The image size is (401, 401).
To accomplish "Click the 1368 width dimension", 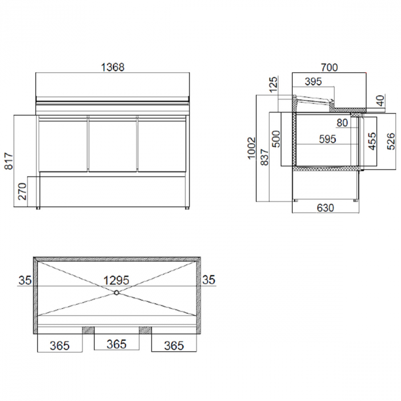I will pos(112,67).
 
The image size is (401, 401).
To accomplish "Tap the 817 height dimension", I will pos(7,162).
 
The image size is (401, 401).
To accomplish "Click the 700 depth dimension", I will pos(329,67).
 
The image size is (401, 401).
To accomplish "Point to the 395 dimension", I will pos(313,82).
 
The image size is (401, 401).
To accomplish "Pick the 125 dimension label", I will pos(273,84).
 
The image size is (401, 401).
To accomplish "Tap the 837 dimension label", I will pos(264,157).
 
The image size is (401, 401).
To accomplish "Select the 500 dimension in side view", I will pos(276,139).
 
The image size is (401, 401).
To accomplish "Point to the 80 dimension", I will pos(342,122).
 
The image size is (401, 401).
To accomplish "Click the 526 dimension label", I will pos(391,140).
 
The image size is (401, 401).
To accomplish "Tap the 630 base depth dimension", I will pos(325,208).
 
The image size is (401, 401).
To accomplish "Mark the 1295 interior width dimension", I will pos(116,280).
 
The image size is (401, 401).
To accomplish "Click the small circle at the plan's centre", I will pos(116,292).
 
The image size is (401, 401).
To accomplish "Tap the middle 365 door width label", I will pos(116,345).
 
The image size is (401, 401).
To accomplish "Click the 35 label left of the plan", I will pos(24,280).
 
